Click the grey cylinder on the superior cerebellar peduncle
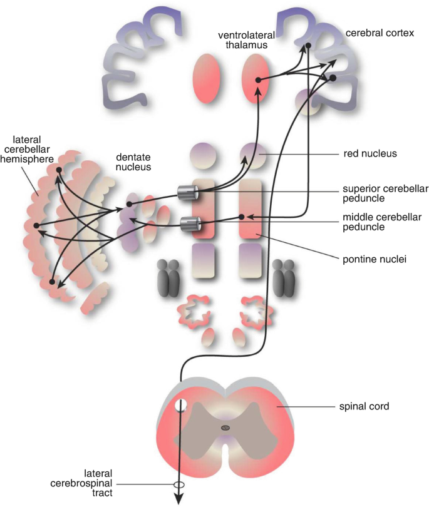pyautogui.click(x=187, y=193)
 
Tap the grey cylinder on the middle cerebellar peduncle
pyautogui.click(x=189, y=222)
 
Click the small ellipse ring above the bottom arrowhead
pyautogui.click(x=179, y=485)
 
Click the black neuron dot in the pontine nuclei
pyautogui.click(x=242, y=217)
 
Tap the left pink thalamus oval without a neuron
pyautogui.click(x=207, y=78)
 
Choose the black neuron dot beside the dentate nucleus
pyautogui.click(x=129, y=203)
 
